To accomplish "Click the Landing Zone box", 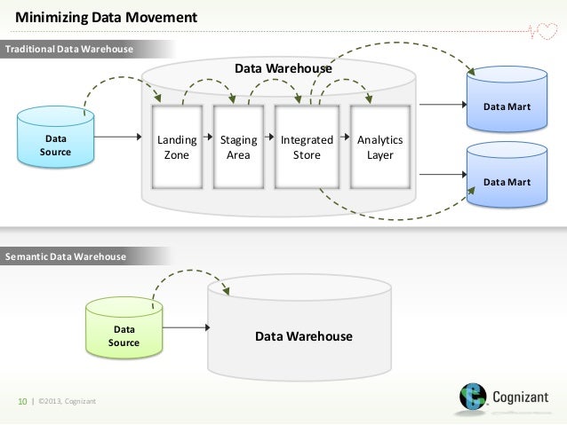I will click(x=177, y=147).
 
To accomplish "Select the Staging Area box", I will click(x=238, y=147).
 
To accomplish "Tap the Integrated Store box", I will click(x=307, y=147).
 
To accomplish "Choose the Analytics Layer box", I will click(x=379, y=147).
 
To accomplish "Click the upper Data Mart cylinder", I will click(x=507, y=102).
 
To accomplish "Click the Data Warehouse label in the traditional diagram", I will click(x=283, y=68).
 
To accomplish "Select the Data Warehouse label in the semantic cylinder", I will click(x=304, y=336).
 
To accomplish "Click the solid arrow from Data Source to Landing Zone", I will click(x=121, y=138).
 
